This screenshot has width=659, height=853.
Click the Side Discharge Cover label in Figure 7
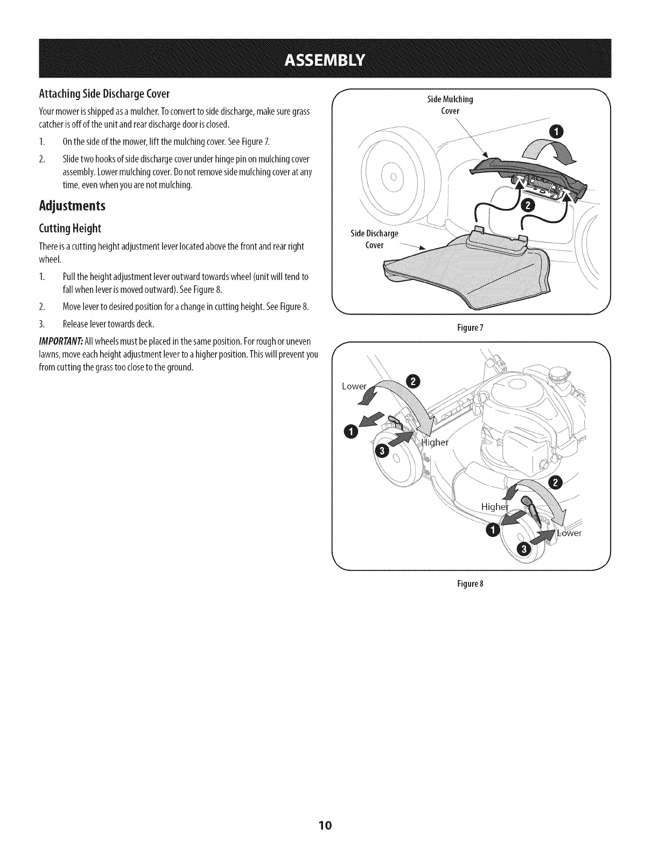(x=374, y=239)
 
